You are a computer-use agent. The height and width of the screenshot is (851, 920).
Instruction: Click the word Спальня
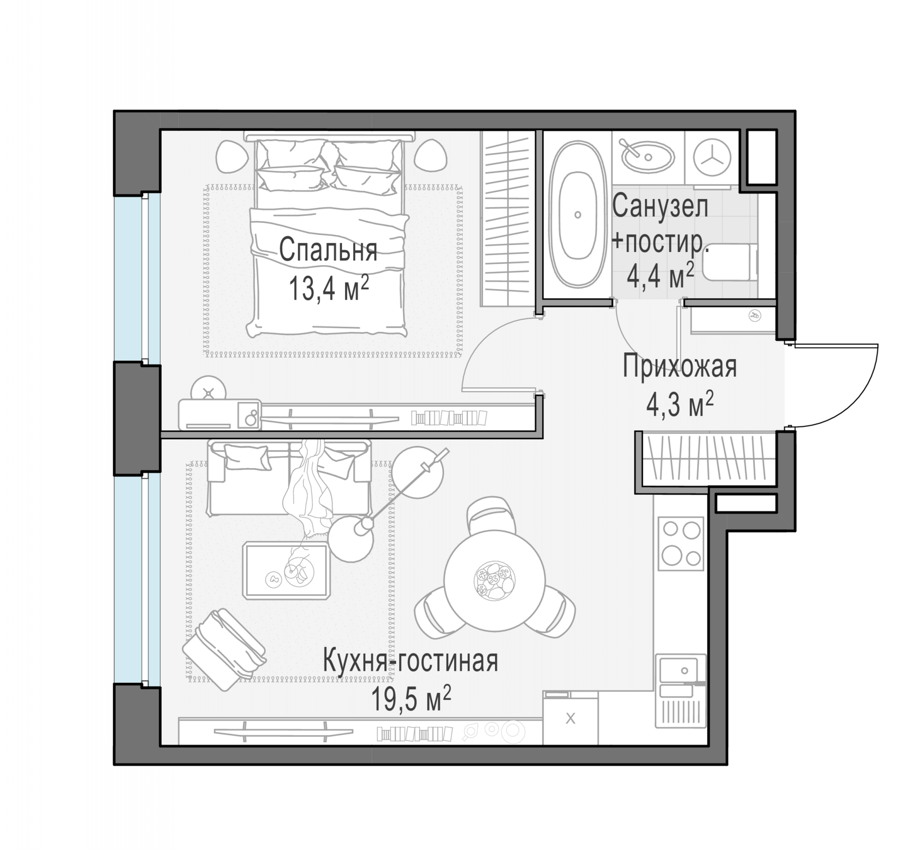(328, 251)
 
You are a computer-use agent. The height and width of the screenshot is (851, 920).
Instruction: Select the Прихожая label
(680, 367)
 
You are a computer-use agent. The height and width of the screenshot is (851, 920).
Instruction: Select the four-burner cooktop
(680, 543)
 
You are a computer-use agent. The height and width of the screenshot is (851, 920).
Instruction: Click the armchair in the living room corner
(224, 649)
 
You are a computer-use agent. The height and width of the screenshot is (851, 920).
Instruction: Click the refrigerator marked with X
(571, 718)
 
